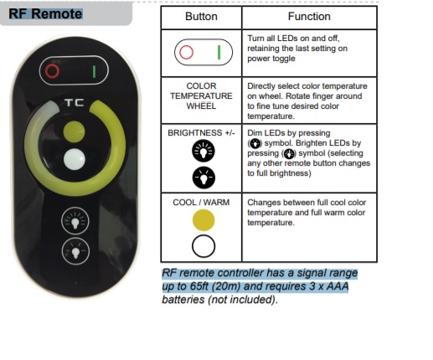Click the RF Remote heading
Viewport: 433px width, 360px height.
click(x=45, y=14)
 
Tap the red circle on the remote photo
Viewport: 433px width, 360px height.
click(x=52, y=70)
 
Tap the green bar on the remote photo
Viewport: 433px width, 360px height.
click(x=94, y=71)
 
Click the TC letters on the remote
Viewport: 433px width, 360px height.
click(x=75, y=103)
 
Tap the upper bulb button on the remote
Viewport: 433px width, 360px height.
click(x=75, y=221)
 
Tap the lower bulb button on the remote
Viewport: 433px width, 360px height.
click(x=75, y=251)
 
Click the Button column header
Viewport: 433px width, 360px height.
click(x=201, y=17)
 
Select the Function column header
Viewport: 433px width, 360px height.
click(x=309, y=17)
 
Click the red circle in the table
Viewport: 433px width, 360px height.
click(x=186, y=52)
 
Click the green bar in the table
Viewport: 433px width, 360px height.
click(x=219, y=52)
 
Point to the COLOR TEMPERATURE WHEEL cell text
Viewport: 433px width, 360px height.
click(x=201, y=96)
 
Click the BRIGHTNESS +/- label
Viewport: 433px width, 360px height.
click(x=201, y=133)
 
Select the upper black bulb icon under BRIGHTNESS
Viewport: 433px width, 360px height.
click(x=204, y=151)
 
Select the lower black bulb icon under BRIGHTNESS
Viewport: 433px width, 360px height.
click(x=204, y=177)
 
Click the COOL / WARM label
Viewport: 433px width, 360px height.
click(x=201, y=203)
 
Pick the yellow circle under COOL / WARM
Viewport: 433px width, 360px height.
click(x=204, y=220)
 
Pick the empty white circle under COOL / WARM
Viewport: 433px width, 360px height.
click(x=204, y=246)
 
